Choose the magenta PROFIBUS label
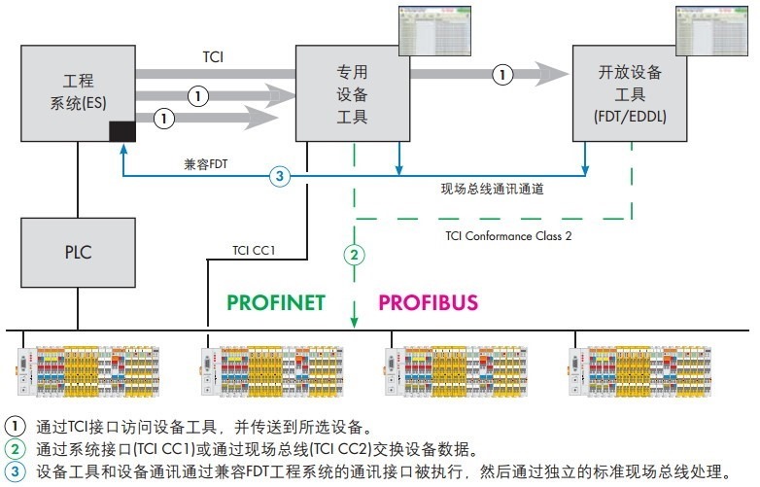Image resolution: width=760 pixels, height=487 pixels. [x=428, y=302]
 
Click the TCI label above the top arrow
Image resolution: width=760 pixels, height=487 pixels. [x=214, y=56]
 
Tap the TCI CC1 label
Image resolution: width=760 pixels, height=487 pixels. [x=255, y=250]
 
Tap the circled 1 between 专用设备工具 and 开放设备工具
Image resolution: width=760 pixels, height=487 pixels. [x=501, y=73]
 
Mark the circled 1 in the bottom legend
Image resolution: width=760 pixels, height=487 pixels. [x=16, y=426]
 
